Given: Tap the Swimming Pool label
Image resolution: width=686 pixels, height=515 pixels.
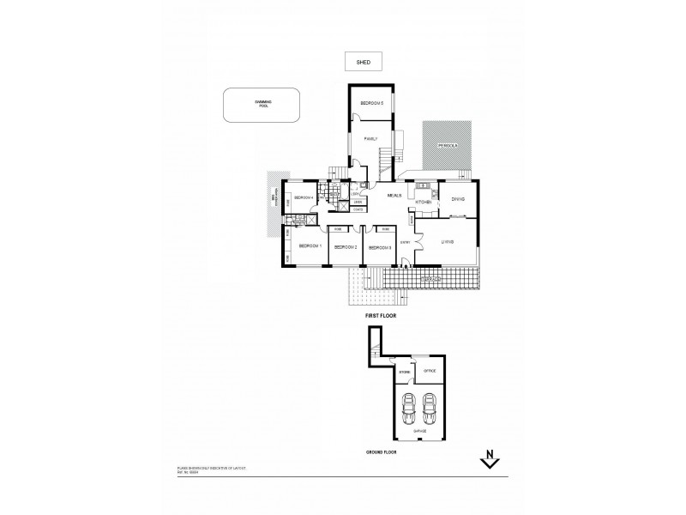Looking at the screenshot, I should pos(262,105).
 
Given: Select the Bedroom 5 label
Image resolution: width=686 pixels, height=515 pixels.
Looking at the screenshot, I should pos(370,104).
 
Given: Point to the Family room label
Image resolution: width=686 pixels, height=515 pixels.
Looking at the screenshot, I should pos(370,138).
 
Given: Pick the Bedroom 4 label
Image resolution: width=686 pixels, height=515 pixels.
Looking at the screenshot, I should pos(304,198).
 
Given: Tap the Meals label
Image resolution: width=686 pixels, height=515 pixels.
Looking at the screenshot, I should pos(394,196).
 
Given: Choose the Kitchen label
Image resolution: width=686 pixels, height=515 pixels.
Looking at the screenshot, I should pos(421,203).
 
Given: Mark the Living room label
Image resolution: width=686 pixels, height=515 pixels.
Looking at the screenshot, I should pos(447,243).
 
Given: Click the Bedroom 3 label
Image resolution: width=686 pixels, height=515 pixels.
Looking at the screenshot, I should pos(380,247).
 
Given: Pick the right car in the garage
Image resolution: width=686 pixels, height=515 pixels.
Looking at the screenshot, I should pos(428,405).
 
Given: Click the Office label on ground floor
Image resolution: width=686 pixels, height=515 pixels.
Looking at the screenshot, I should pos(430,370).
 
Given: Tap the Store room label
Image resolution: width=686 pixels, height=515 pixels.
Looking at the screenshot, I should pos(403,373).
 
